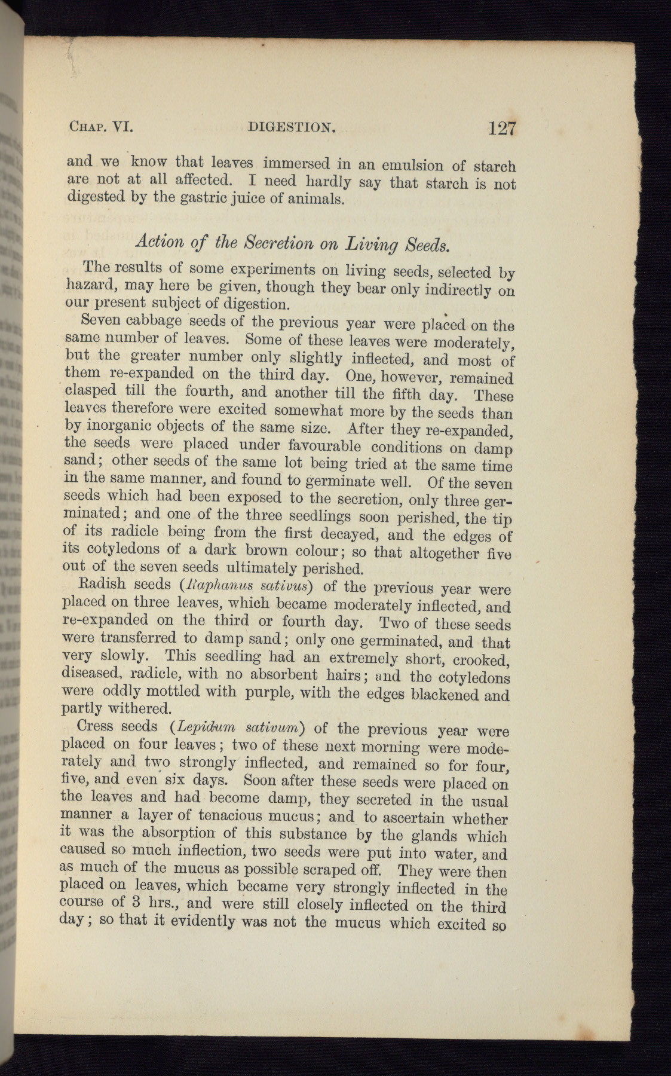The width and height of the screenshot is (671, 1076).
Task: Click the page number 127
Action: [501, 129]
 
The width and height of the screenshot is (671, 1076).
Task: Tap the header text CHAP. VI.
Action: [100, 126]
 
